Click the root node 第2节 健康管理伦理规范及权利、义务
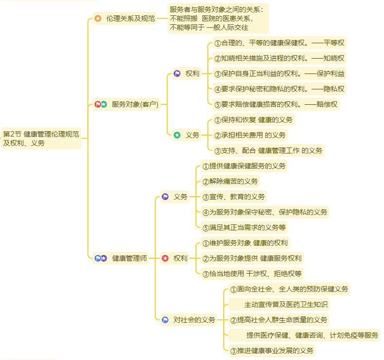41,139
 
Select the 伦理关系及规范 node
130,18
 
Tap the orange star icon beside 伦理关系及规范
98,18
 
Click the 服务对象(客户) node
134,104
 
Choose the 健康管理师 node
129,258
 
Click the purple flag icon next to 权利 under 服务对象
177,73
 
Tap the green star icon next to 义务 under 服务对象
177,135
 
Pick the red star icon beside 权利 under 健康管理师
165,258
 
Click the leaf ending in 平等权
279,43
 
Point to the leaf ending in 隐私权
279,89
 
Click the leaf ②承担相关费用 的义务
250,135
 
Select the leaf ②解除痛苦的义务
230,181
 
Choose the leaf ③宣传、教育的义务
234,197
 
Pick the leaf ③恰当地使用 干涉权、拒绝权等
252,274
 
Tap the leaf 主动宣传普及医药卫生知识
286,304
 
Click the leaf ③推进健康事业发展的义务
272,351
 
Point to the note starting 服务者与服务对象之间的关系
218,18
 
